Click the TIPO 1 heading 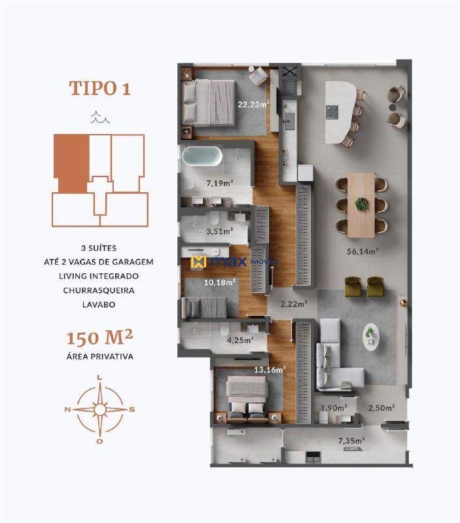point(100,88)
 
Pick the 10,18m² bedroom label point(219,282)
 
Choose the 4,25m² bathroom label point(239,340)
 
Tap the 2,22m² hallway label point(294,303)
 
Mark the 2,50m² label point(381,409)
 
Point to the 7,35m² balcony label point(351,441)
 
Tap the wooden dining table point(362,204)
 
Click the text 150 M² point(100,339)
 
